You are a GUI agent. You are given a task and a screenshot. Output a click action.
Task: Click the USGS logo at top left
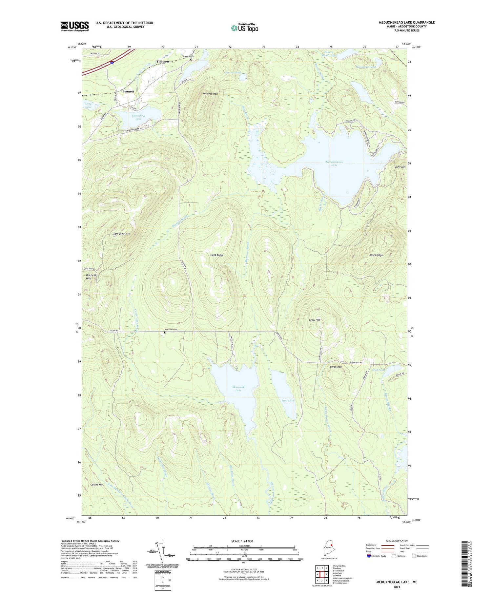[x=75, y=26]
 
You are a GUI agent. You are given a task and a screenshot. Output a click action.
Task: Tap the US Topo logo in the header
[x=245, y=28]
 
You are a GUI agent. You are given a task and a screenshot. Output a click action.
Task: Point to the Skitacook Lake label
[x=238, y=389]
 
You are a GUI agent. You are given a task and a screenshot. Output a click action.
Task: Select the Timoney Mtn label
[x=210, y=94]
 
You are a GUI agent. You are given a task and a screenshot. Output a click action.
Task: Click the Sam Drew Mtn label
[x=122, y=234]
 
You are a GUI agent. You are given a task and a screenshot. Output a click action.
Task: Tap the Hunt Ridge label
[x=217, y=255]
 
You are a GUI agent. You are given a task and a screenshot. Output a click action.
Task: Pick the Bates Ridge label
[x=376, y=255]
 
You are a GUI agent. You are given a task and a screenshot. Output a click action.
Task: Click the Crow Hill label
[x=314, y=320]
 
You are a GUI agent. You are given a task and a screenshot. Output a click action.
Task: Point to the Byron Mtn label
[x=336, y=367]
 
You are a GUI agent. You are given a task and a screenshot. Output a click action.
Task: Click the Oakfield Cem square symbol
[x=165, y=333]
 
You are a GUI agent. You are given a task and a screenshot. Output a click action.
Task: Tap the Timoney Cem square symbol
[x=191, y=60]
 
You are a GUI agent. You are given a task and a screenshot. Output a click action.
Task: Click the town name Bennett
[x=128, y=91]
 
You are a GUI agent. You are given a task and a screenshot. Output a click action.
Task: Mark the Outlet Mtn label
[x=97, y=484]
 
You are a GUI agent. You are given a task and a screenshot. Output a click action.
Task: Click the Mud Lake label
[x=288, y=400]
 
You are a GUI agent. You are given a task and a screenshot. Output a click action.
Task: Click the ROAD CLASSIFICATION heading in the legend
[x=397, y=541]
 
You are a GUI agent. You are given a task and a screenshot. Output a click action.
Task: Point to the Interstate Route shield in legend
[x=369, y=556]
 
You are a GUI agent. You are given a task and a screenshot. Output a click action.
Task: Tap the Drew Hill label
[x=400, y=167]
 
